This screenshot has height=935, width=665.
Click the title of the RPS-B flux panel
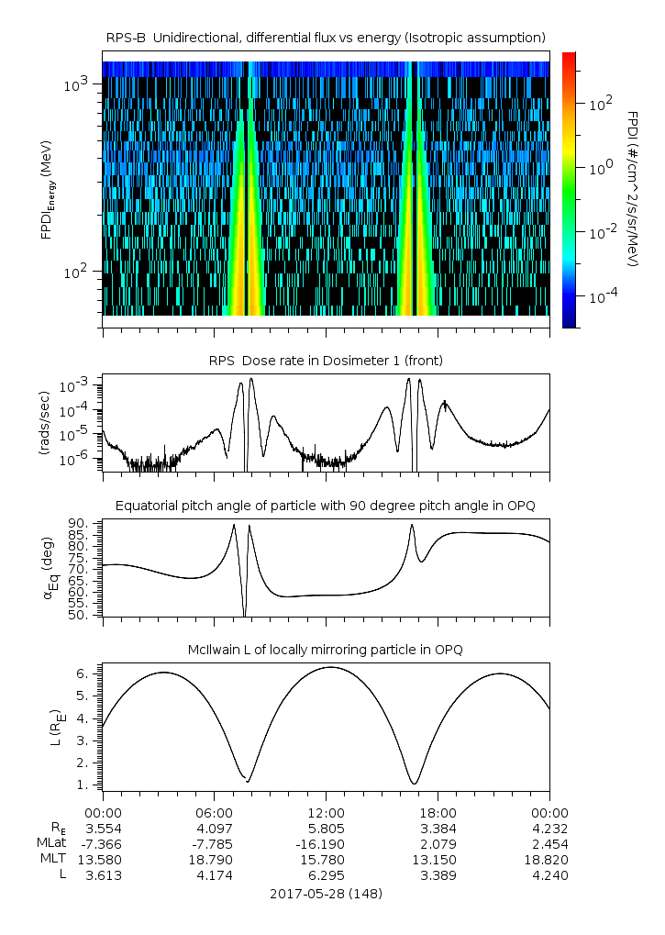point(326,37)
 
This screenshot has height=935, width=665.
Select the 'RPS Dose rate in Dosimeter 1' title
point(326,361)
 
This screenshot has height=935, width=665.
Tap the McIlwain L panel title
point(326,650)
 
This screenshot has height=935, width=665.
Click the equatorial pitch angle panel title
point(326,506)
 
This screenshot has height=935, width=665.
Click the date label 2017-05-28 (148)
point(326,893)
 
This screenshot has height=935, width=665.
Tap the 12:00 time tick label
point(326,812)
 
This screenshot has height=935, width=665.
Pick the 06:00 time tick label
point(214,812)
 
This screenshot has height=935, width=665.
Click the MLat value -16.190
point(326,843)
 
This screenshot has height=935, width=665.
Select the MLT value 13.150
point(438,859)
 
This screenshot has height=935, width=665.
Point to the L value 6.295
point(326,874)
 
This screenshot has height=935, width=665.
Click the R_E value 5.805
point(326,828)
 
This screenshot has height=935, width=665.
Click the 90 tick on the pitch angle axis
point(78,524)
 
